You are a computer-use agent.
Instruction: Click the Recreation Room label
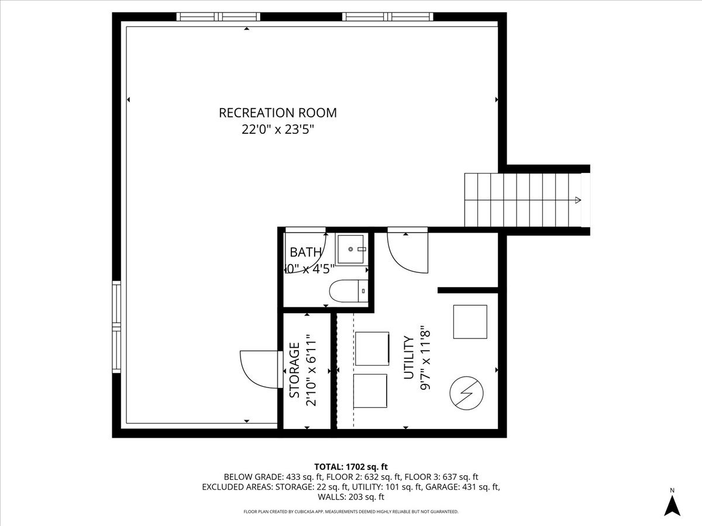click(277, 113)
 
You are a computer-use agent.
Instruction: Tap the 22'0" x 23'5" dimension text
click(277, 130)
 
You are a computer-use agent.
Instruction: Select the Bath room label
click(305, 252)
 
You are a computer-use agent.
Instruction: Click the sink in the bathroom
click(352, 249)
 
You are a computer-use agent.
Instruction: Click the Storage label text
click(295, 370)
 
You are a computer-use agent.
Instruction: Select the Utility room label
click(409, 358)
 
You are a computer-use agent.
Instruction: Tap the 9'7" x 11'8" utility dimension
click(426, 358)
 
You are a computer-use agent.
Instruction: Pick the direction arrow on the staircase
click(577, 200)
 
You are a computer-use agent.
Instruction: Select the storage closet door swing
click(260, 369)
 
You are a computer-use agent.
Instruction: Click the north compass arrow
click(672, 505)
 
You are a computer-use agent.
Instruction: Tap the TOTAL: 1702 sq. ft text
click(351, 466)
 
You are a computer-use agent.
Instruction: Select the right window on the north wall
click(388, 17)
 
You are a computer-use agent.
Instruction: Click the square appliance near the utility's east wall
click(470, 321)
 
